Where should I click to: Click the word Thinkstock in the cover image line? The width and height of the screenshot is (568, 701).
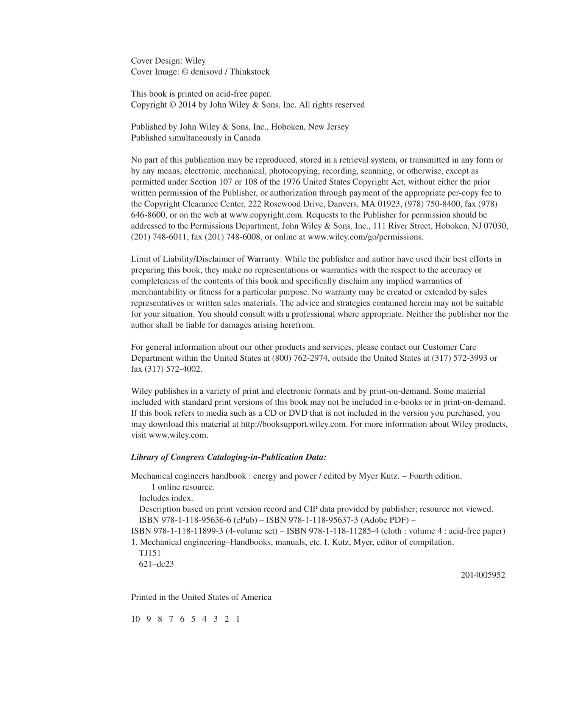pos(250,72)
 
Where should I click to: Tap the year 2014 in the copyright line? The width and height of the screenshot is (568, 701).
pos(187,105)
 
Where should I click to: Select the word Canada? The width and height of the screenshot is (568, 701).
pos(247,138)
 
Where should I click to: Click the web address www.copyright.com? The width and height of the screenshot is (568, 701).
pos(267,215)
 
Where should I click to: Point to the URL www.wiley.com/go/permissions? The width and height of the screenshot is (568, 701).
pos(365,237)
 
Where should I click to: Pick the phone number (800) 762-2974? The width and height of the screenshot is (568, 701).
pos(299,358)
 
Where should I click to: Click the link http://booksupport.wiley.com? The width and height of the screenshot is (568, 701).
pos(293,424)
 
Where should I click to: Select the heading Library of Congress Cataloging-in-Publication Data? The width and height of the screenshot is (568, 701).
pos(228,457)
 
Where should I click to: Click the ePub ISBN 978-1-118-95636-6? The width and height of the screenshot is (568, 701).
pos(195,520)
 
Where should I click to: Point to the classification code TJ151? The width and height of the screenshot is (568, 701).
pos(150,553)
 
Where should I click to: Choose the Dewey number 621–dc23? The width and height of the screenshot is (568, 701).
pos(156,564)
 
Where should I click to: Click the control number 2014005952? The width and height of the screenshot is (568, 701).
pos(483,575)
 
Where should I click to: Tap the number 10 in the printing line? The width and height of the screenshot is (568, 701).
pos(135,619)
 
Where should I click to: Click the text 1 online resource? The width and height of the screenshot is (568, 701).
pos(183,487)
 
